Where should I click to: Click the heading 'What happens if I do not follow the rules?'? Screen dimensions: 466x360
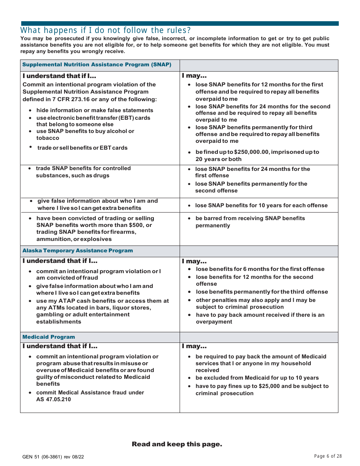point(106,30)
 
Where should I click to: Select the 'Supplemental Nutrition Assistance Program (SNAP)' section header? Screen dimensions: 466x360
point(97,65)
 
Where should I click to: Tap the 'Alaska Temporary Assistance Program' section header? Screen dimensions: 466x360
point(78,251)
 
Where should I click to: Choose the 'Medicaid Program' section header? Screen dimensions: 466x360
point(49,337)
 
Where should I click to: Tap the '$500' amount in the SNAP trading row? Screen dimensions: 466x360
point(137,225)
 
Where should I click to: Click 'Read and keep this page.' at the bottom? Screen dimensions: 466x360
point(177,444)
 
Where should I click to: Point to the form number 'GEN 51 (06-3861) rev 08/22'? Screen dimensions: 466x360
point(53,457)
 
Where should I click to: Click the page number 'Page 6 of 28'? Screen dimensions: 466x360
point(328,456)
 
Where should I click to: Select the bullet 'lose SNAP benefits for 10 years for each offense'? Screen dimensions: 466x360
point(261,206)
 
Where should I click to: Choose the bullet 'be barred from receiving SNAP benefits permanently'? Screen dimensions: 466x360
point(250,222)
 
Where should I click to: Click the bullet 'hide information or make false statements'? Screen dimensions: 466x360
point(95,111)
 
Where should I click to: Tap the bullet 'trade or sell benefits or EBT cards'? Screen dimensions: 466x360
point(82,148)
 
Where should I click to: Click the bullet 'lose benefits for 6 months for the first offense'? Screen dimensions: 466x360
point(260,269)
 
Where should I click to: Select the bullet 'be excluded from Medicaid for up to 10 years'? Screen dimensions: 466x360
point(257,378)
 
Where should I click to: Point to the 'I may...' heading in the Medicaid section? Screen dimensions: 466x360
point(194,347)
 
